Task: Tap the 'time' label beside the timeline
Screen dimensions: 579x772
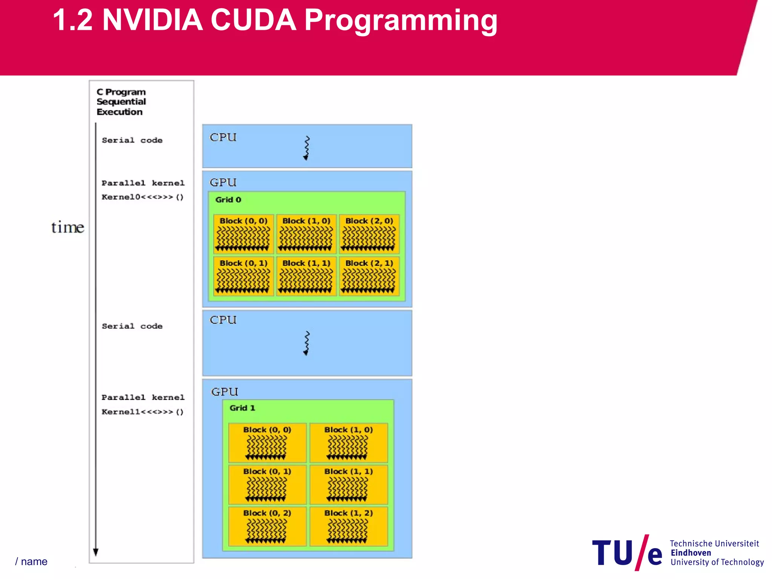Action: click(67, 227)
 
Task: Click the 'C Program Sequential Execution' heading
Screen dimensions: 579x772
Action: click(121, 102)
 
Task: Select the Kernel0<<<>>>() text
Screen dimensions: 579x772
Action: click(142, 197)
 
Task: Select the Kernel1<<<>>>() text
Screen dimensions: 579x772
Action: click(142, 412)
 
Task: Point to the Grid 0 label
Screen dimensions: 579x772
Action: click(228, 200)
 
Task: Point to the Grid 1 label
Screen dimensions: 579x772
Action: click(242, 408)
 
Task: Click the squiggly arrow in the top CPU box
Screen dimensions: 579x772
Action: click(306, 148)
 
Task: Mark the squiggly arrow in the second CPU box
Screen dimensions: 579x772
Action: click(306, 343)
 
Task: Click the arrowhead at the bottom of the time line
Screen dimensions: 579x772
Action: click(96, 552)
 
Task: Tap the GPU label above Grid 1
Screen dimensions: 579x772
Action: click(225, 392)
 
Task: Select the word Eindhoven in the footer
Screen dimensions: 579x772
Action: click(691, 553)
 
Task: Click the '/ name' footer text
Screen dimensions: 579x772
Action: click(31, 562)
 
